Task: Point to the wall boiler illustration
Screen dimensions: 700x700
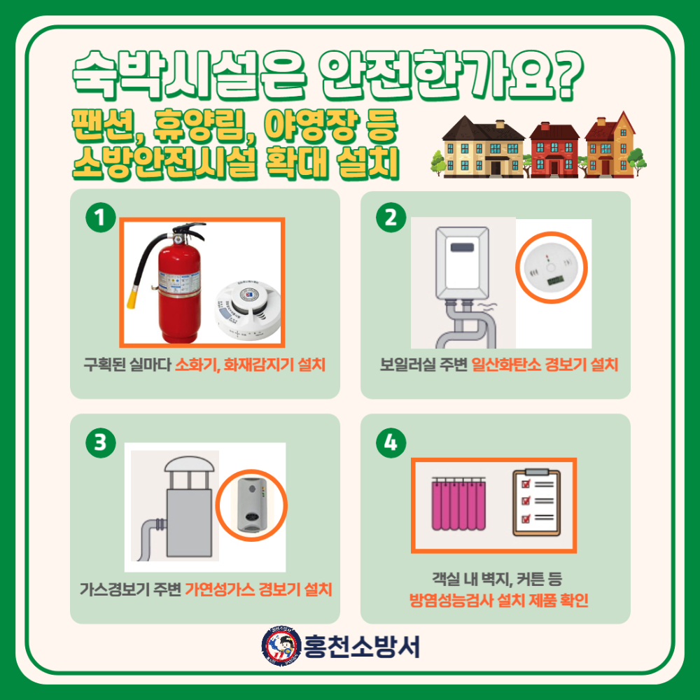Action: [x=463, y=280]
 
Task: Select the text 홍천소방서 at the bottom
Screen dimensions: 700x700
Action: [x=362, y=645]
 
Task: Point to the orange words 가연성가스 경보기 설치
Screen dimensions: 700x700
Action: [x=258, y=589]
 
